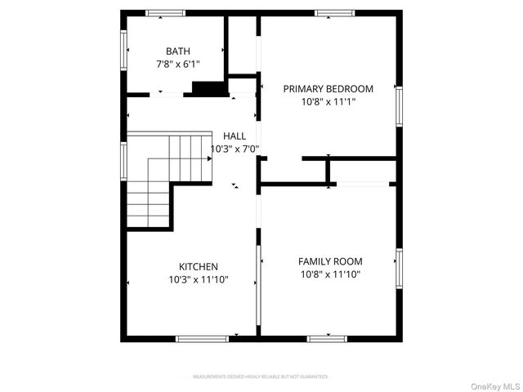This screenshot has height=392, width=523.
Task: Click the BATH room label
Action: (x=177, y=51)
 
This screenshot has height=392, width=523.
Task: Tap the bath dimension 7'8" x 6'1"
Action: (x=177, y=63)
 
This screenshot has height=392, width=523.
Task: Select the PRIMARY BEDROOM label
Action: (x=328, y=89)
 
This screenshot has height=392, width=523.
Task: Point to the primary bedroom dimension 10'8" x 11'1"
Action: (x=328, y=102)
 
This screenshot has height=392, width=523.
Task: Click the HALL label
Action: (x=235, y=136)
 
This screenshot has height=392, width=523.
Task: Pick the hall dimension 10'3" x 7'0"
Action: (x=235, y=149)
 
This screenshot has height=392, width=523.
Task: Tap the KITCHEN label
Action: (x=199, y=267)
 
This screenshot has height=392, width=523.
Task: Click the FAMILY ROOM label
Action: (x=330, y=261)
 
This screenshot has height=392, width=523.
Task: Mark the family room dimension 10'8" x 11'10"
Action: (x=330, y=274)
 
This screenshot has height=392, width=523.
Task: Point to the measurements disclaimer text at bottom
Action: (x=261, y=376)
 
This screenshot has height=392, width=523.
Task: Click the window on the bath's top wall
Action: (x=166, y=13)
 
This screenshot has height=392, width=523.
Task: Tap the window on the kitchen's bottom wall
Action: (x=202, y=337)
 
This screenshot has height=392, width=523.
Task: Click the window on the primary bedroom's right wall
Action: (x=400, y=107)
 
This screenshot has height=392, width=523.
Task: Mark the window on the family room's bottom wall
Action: (x=327, y=337)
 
